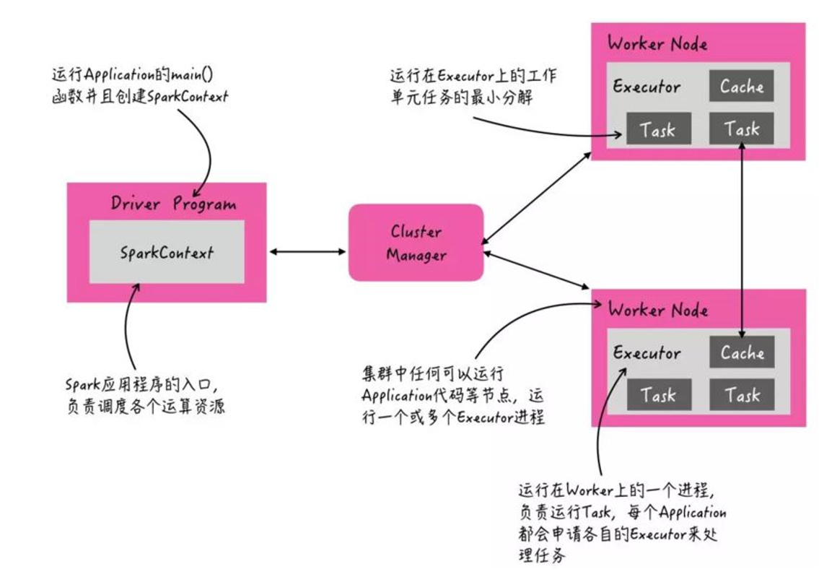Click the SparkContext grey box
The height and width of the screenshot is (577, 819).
coord(167,252)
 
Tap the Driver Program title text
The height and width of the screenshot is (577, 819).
coord(173,203)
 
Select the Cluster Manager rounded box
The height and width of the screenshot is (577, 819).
coord(416,243)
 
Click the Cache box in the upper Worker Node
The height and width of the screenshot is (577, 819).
coord(741,87)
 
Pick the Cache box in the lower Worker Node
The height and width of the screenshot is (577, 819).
coord(741,353)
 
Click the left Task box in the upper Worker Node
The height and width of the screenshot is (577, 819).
coord(657,130)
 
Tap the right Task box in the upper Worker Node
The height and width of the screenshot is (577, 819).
coord(741,130)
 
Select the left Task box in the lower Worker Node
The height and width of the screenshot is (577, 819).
coord(657,395)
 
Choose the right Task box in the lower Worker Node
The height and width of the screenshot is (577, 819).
coord(741,395)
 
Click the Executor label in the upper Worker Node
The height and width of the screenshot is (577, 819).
coord(647,87)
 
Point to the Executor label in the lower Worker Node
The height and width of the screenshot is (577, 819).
coord(647,353)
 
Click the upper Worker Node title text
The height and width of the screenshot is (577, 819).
coord(657,43)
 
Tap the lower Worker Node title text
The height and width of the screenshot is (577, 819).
coord(657,311)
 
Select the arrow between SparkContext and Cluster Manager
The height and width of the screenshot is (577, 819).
coord(307,252)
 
